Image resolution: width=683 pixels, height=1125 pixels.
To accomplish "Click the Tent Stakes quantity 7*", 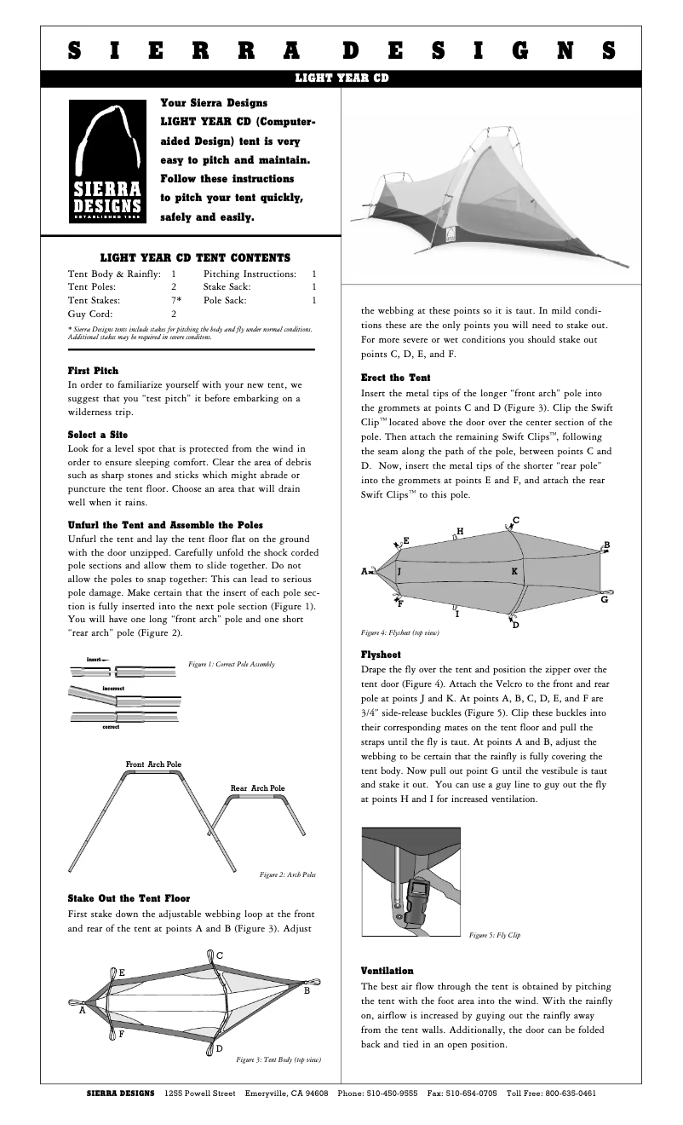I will [175, 301].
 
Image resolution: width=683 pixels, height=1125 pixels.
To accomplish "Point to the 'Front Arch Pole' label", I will [153, 764].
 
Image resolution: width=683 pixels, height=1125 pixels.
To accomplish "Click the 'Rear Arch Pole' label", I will [257, 788].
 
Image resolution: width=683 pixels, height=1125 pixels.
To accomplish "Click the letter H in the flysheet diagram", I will [460, 531].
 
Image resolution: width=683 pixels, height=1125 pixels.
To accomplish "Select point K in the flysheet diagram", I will [514, 570].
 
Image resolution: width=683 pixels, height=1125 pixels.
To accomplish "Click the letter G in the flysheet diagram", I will [604, 600].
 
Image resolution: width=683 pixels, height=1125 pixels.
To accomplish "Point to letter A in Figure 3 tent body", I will [83, 1011].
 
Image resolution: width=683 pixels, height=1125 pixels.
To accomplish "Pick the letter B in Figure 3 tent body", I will [307, 991].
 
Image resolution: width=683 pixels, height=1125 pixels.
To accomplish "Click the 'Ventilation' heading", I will [387, 971].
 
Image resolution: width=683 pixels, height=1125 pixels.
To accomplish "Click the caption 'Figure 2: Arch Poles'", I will [287, 875].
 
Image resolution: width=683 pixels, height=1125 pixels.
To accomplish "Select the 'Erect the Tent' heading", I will [396, 378].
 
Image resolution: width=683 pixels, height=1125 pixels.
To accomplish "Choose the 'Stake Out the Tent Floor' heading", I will [129, 898].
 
